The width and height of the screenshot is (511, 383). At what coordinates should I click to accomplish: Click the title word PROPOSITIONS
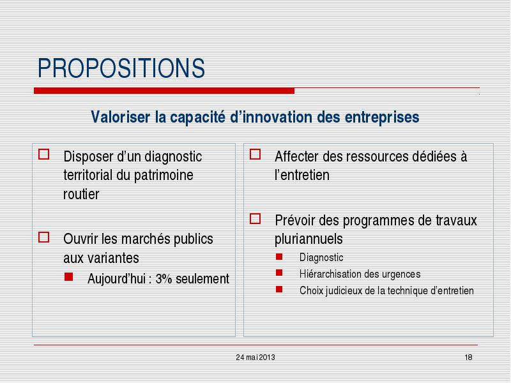click(121, 68)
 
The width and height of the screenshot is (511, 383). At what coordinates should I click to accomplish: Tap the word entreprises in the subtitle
click(382, 118)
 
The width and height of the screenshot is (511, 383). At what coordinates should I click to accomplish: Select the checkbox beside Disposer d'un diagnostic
click(44, 154)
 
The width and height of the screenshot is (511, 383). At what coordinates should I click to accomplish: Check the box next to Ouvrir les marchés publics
click(44, 237)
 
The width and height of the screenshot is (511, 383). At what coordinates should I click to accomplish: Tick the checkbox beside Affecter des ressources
click(255, 154)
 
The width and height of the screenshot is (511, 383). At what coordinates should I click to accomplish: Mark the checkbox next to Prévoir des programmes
click(255, 219)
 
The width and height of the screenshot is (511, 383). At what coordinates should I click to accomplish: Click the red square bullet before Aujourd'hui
click(69, 277)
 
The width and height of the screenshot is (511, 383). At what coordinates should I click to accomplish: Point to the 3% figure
click(164, 279)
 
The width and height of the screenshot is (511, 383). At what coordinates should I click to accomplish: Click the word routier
click(81, 194)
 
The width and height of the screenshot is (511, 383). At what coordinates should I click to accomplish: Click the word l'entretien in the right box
click(301, 175)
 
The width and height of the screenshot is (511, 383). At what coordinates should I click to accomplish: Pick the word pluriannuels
click(309, 239)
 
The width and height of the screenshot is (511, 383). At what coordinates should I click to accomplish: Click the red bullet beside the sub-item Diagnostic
click(279, 257)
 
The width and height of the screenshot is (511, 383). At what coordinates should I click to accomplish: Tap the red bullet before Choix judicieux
click(279, 289)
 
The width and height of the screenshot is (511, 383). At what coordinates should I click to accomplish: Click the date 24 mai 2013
click(256, 357)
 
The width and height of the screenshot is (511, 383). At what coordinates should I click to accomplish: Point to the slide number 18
click(469, 357)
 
